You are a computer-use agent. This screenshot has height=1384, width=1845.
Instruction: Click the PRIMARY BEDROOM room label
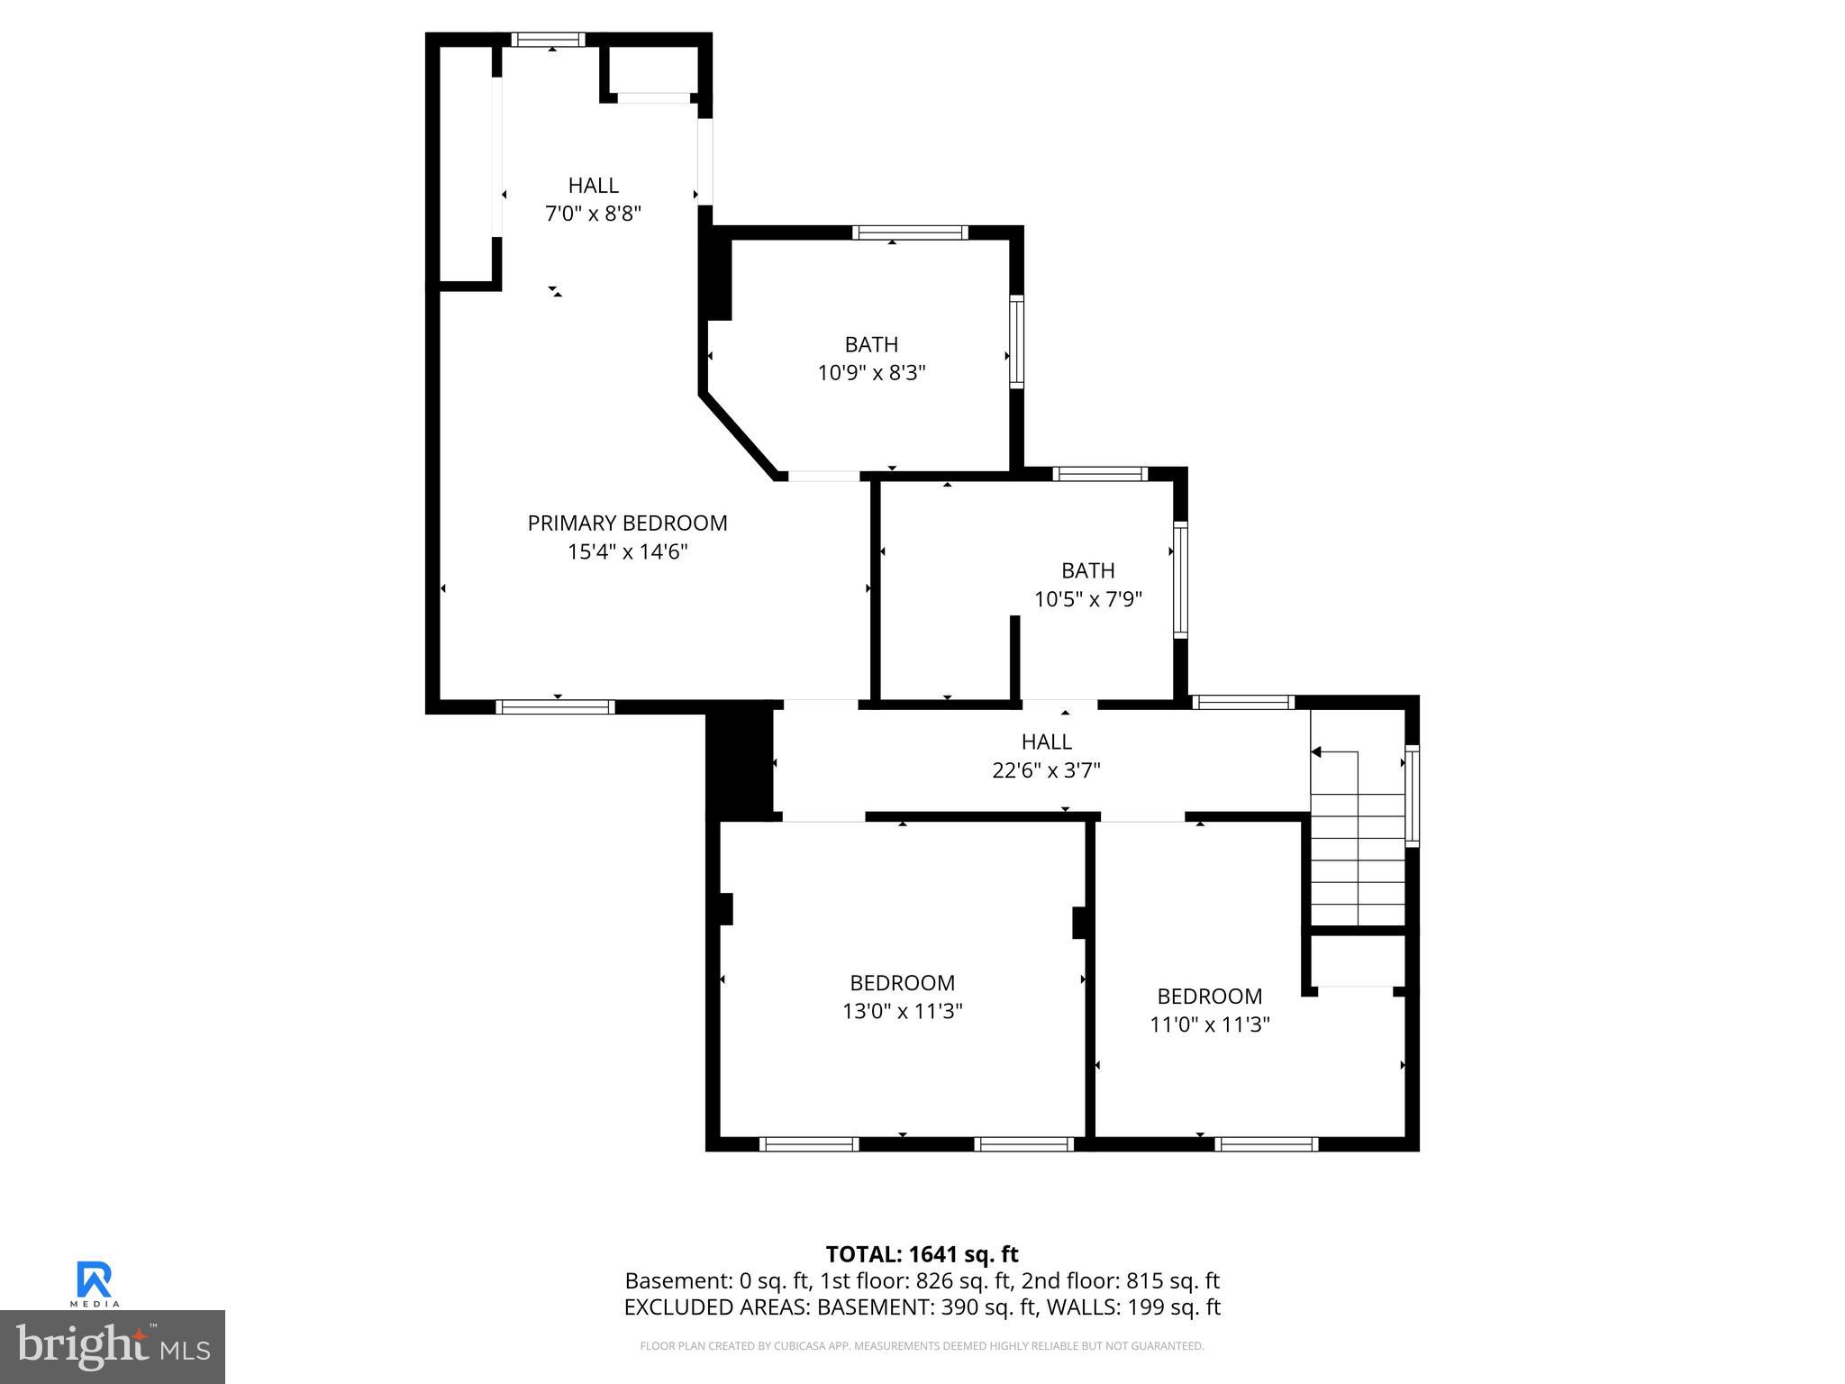coord(627,523)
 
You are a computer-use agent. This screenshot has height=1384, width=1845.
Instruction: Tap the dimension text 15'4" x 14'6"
coord(627,551)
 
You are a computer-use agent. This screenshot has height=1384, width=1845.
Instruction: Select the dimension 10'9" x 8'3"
coord(871,372)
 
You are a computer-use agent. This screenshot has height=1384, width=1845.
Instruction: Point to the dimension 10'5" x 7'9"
coord(1087,599)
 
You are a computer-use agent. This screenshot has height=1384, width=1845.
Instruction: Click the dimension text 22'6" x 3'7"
coord(1046,770)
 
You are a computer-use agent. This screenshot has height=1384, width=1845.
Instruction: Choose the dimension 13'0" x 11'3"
coord(902,1011)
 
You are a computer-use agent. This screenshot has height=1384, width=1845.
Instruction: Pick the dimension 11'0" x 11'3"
coord(1209,1024)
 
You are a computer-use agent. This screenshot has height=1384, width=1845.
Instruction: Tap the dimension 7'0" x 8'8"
coord(593,214)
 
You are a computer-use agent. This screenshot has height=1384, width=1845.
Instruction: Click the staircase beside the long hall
coord(1357,838)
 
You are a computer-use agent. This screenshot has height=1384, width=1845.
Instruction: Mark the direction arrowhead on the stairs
coord(1315,751)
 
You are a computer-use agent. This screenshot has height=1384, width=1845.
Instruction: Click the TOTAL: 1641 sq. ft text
coord(922,1254)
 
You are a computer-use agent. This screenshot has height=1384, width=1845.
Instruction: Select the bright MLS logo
coord(112,1346)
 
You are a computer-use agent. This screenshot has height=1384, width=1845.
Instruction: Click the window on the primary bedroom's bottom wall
coord(556,706)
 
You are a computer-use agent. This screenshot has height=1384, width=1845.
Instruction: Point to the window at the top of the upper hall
coord(548,40)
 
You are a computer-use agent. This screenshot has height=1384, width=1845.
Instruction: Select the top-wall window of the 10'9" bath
coord(910,232)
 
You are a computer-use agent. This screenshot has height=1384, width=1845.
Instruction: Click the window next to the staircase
coord(1412,796)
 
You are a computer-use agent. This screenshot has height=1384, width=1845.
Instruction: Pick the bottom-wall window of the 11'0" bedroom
coord(1266,1144)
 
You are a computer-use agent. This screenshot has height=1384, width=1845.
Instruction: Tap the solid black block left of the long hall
coord(740,761)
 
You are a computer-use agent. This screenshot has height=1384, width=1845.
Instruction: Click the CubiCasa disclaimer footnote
coord(922,1346)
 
